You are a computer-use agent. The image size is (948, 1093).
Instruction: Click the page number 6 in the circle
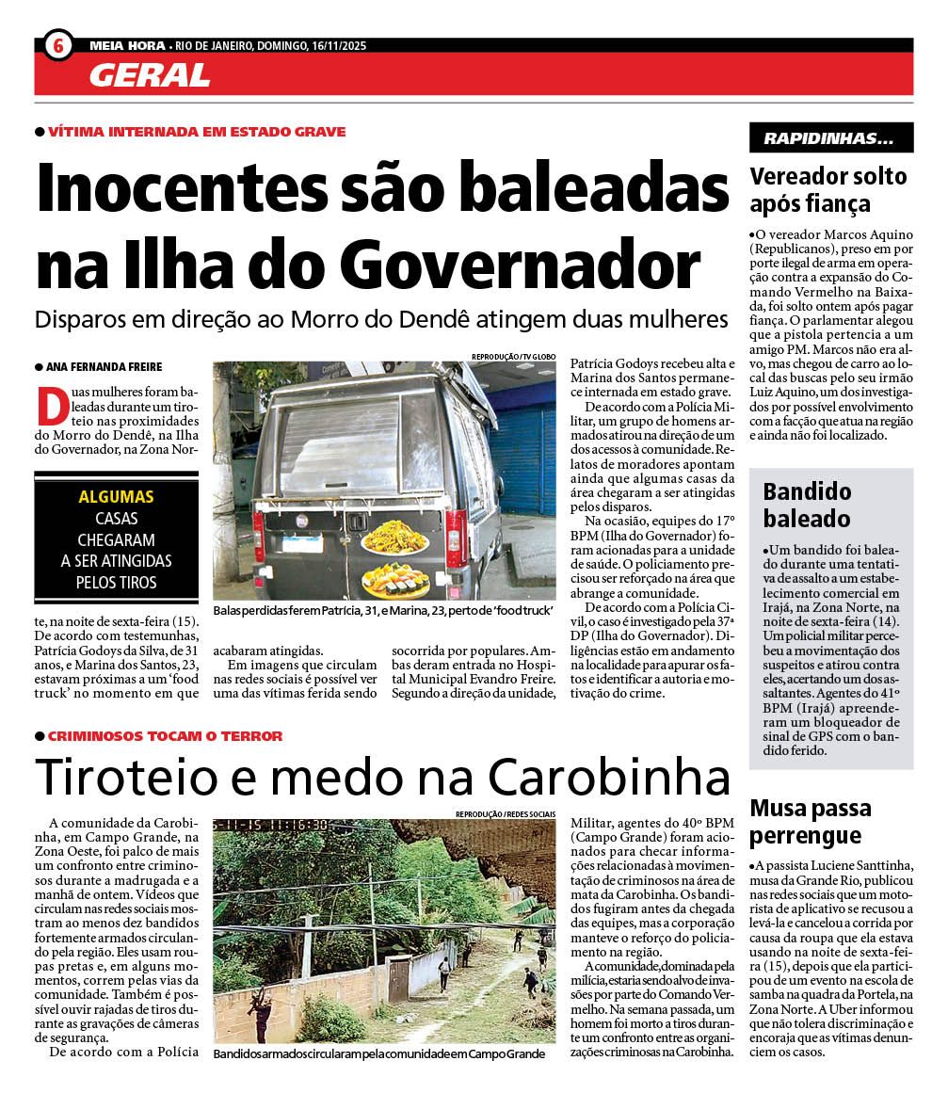point(58,44)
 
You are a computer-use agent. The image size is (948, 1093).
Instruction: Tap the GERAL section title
point(150,75)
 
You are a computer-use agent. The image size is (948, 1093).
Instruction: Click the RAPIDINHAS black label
point(830,138)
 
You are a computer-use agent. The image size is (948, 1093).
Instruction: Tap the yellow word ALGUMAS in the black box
point(116,497)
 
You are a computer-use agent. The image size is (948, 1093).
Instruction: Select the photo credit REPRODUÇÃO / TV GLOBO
point(513,357)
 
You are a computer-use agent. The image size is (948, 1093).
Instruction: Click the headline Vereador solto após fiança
point(827,190)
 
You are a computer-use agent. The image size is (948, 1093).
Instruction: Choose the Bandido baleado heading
point(807,505)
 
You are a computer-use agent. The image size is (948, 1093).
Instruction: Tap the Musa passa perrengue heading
point(811,822)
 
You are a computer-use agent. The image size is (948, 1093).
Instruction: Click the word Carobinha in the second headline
point(610,777)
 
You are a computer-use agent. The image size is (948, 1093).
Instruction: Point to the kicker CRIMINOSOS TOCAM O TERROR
point(165,736)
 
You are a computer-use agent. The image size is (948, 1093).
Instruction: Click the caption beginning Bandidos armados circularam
point(378,1053)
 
